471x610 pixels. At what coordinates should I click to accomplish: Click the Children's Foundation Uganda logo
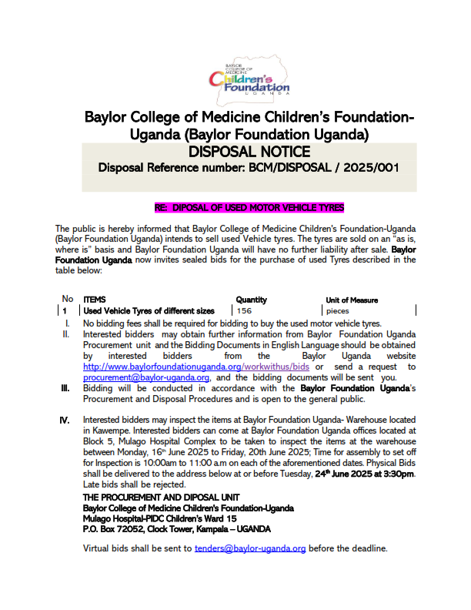249,76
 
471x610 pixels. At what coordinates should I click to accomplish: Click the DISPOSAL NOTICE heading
249,152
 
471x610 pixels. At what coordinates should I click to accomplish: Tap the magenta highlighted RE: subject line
249,208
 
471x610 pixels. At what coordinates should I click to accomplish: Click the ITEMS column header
95,299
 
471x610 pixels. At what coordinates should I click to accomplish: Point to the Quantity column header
251,299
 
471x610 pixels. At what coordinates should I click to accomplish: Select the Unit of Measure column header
352,300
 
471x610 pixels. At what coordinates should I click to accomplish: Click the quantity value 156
244,310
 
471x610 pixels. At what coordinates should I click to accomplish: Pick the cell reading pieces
337,310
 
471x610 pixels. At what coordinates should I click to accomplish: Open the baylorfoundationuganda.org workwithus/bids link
196,367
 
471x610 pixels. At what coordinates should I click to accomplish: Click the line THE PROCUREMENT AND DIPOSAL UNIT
162,498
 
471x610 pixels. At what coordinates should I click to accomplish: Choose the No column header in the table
68,299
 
